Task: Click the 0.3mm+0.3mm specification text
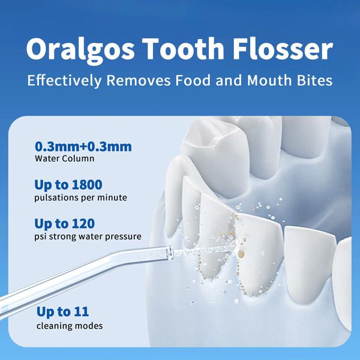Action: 83,146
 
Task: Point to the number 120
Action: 82,224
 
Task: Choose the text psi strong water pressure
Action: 88,236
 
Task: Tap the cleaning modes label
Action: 70,326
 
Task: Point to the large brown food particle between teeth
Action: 241,254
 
